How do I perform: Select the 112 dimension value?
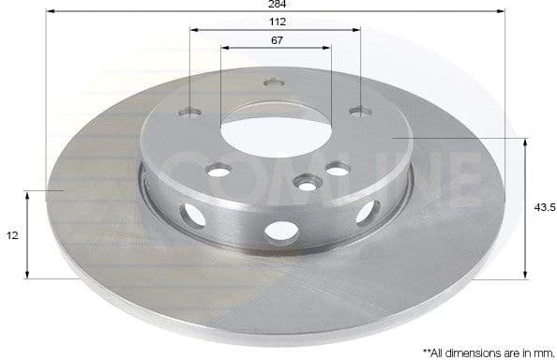point(276,22)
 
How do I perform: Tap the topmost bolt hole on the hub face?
point(275,83)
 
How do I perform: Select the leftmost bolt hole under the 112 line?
point(192,112)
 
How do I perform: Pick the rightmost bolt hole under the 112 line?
point(360,112)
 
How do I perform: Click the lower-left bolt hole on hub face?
point(218,170)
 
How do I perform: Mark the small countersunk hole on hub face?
point(306,183)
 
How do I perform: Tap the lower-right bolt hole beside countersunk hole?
point(338,170)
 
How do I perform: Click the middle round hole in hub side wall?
point(278,229)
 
